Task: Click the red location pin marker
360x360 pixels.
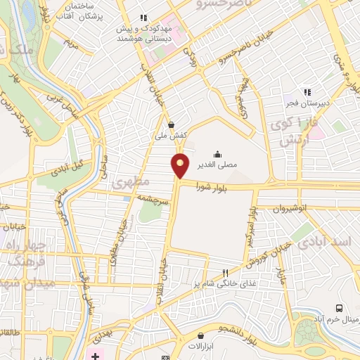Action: (x=181, y=165)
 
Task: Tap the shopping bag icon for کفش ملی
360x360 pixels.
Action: (x=171, y=124)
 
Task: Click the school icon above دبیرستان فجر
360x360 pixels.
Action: (x=307, y=91)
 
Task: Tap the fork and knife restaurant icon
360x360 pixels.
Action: (x=225, y=272)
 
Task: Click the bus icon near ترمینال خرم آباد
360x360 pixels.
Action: (x=339, y=308)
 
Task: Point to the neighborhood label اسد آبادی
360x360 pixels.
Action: (x=323, y=241)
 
